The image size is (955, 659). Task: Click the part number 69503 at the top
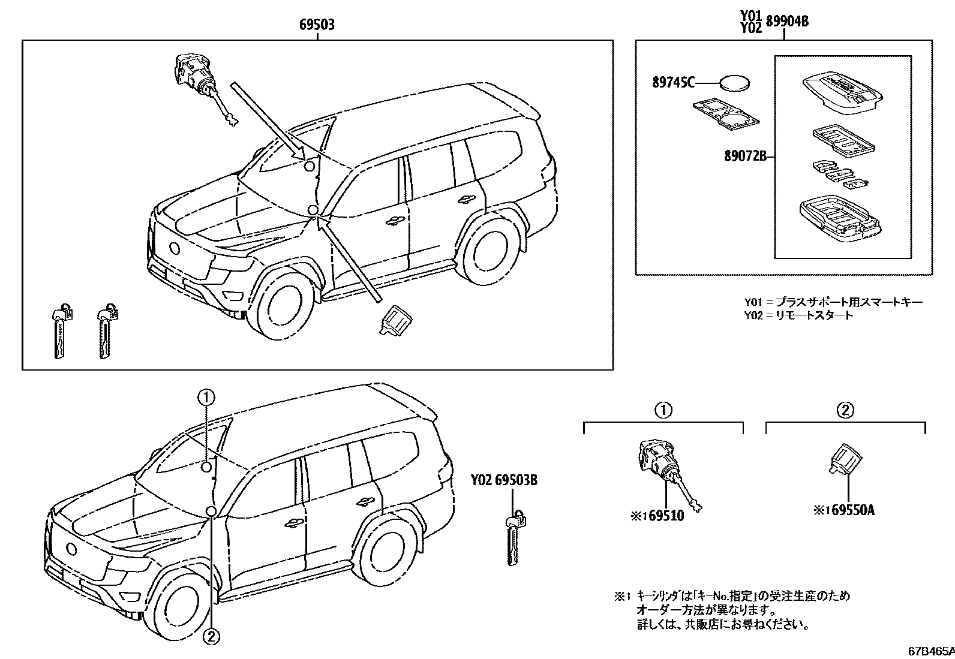(317, 25)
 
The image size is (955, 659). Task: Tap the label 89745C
(674, 82)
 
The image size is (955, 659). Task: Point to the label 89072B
(746, 157)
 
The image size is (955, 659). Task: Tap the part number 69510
(665, 515)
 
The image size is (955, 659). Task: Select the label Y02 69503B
(503, 480)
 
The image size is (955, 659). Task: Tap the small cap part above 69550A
(846, 460)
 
